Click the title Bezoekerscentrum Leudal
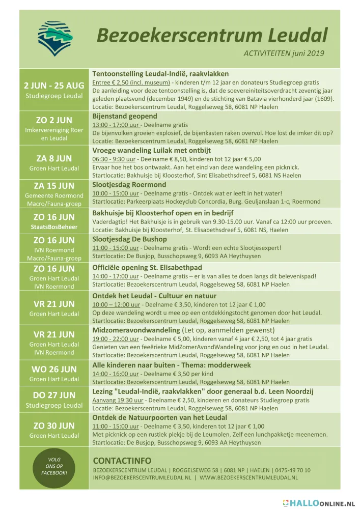point(212,35)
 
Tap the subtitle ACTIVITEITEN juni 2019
point(284,53)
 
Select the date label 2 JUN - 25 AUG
point(54,85)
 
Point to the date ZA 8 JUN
point(54,158)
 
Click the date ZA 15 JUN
point(54,186)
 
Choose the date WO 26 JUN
point(54,369)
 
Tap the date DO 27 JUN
point(54,395)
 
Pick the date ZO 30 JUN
point(54,426)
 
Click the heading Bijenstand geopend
point(125,116)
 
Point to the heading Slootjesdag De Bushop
point(129,239)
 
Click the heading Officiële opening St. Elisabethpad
point(147,267)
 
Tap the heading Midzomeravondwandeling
point(136,330)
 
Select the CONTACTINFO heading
point(122,461)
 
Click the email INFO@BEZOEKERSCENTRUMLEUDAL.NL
point(143,478)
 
